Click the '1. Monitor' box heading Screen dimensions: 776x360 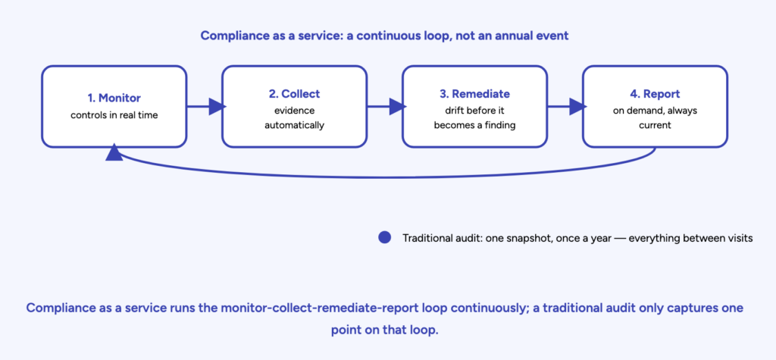(114, 99)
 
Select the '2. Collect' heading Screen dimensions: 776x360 (294, 93)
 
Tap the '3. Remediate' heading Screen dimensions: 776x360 (474, 93)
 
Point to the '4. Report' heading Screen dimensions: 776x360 (655, 93)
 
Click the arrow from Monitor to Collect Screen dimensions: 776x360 (205, 106)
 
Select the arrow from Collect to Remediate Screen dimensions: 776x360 (386, 106)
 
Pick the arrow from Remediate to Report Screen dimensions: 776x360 (567, 106)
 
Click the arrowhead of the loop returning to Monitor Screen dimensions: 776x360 (114, 152)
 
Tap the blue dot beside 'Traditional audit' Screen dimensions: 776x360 (384, 238)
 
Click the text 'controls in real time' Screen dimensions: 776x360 (114, 115)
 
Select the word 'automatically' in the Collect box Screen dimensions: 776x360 (294, 125)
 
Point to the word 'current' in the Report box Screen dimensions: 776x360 (655, 125)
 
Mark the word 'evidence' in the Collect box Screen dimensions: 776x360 (294, 111)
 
